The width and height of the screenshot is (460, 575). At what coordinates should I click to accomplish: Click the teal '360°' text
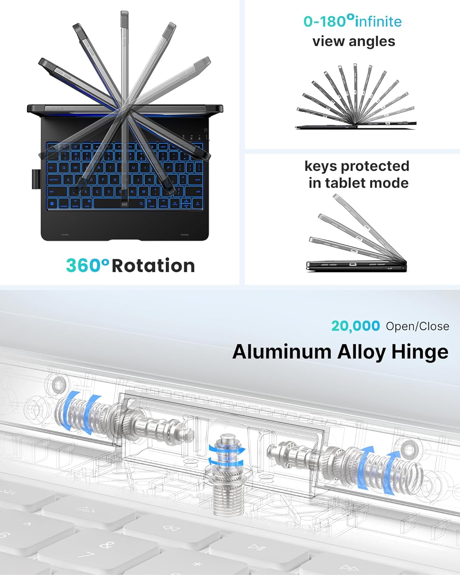(x=87, y=265)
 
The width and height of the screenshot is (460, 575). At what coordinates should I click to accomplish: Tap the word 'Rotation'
(x=153, y=266)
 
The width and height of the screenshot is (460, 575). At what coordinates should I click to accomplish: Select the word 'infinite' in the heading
(x=378, y=21)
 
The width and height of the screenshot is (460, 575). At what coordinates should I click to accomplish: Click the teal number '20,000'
(x=355, y=326)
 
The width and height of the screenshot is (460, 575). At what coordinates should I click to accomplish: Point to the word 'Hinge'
(x=420, y=352)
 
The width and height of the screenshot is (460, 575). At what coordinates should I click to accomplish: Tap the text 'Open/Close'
(x=417, y=326)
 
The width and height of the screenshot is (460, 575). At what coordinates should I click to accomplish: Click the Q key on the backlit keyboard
(x=64, y=168)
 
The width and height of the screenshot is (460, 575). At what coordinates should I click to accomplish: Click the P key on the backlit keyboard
(x=168, y=168)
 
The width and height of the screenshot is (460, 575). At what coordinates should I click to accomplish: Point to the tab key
(x=51, y=168)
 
